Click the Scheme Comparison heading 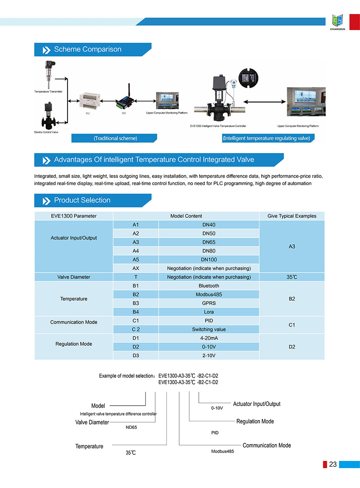(88, 50)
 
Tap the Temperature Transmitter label (48, 92)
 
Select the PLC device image (88, 102)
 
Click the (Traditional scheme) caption (115, 138)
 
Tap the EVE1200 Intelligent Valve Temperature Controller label (218, 126)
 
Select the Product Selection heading (82, 200)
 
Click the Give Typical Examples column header (292, 216)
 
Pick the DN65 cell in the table (209, 242)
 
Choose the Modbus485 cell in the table (209, 295)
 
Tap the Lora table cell (209, 312)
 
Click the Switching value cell (209, 329)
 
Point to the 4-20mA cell (209, 338)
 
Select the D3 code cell (136, 355)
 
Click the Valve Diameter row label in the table (74, 277)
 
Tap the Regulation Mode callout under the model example (255, 421)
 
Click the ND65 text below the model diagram (131, 427)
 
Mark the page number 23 (333, 464)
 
